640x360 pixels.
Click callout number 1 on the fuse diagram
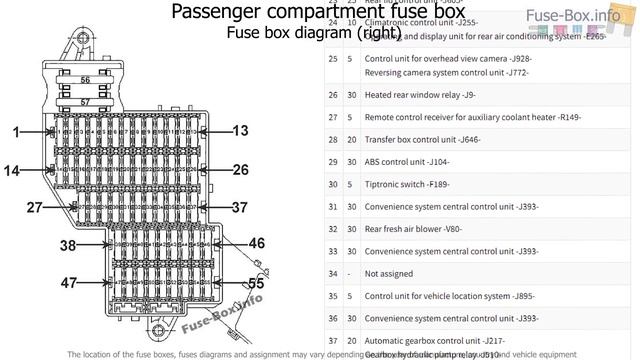pyautogui.click(x=16, y=132)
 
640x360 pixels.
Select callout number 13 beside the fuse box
pyautogui.click(x=240, y=131)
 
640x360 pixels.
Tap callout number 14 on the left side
pyautogui.click(x=11, y=171)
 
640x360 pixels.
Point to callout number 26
pyautogui.click(x=240, y=170)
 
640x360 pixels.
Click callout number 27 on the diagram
pyautogui.click(x=35, y=207)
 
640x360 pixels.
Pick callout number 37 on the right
pyautogui.click(x=239, y=207)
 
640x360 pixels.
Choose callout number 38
pyautogui.click(x=68, y=245)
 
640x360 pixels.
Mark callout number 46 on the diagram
pyautogui.click(x=256, y=243)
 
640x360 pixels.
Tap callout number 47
pyautogui.click(x=68, y=283)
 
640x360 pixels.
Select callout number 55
pyautogui.click(x=256, y=283)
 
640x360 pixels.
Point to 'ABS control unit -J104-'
pyautogui.click(x=407, y=162)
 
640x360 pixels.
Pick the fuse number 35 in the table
pyautogui.click(x=332, y=296)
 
